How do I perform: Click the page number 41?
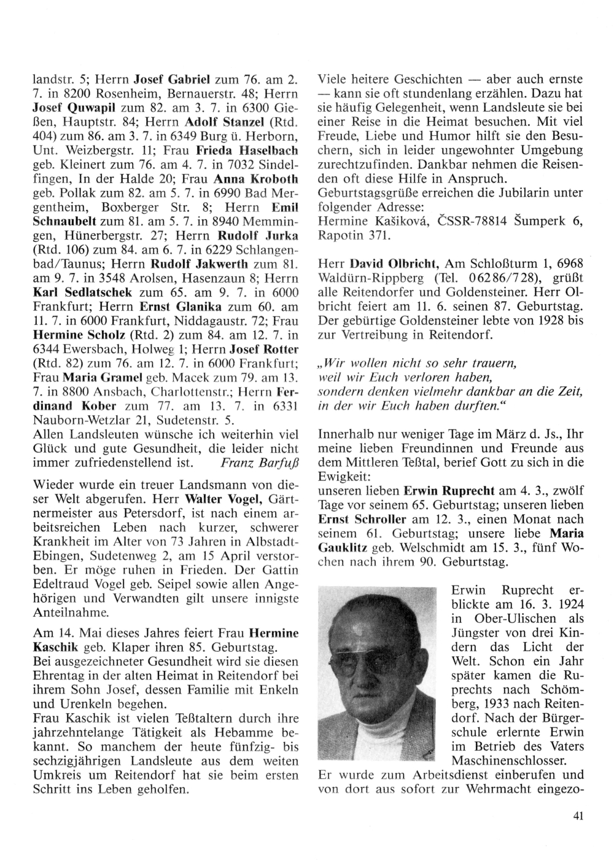coord(577,816)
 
